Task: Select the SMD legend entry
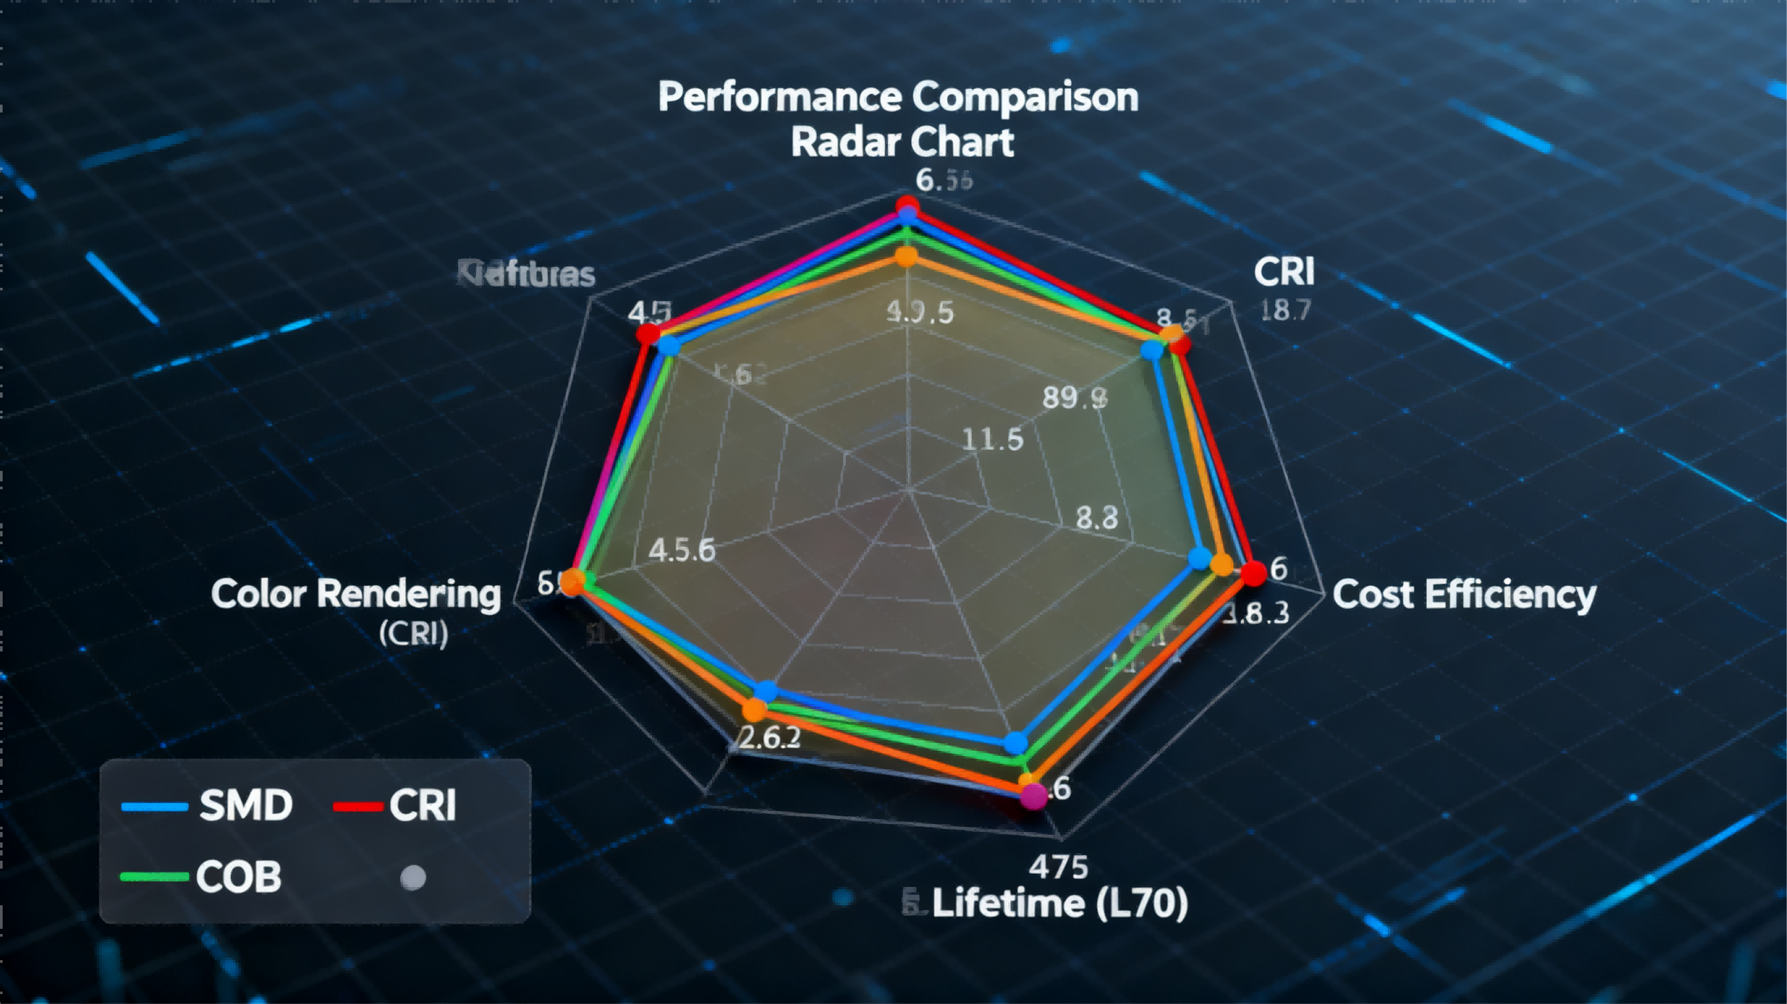click(208, 805)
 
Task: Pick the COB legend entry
click(202, 876)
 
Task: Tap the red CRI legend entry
click(395, 805)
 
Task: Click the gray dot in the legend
click(414, 877)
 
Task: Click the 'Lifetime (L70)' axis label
click(1058, 903)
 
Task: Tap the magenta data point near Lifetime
click(1033, 796)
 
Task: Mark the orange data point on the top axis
click(906, 257)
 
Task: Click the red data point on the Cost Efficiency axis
click(1254, 574)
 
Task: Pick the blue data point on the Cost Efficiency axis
click(1200, 558)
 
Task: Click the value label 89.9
click(1075, 398)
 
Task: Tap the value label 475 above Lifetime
click(1058, 867)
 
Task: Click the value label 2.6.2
click(769, 738)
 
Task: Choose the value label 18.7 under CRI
click(1286, 309)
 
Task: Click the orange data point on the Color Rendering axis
click(572, 582)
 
